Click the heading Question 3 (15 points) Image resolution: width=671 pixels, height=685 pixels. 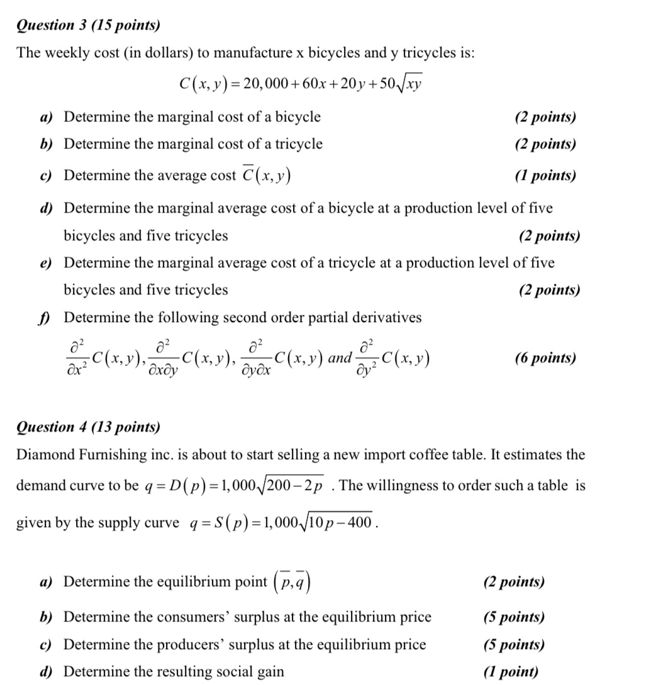pos(88,25)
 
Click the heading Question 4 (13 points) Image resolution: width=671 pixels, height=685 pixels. pos(88,428)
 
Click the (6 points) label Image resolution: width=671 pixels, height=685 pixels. pos(545,359)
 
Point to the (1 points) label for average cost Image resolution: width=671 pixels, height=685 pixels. pos(545,175)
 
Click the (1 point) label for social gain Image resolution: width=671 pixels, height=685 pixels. pos(511,672)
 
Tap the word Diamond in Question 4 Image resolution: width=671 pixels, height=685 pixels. pos(42,455)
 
